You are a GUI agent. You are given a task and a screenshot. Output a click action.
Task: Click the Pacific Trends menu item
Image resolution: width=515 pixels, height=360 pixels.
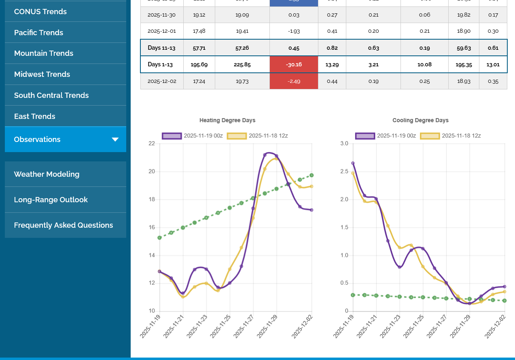click(38, 32)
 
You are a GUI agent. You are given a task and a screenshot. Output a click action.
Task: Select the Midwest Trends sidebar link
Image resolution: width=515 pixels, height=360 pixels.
click(42, 74)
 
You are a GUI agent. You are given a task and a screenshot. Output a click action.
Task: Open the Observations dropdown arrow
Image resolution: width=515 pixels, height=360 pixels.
click(115, 140)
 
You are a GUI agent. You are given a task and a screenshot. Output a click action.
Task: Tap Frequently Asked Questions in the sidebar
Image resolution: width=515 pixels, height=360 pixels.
click(64, 225)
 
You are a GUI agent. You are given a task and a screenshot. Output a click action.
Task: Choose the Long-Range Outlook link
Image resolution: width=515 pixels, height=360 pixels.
click(51, 200)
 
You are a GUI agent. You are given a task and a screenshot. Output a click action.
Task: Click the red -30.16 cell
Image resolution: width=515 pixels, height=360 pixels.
click(294, 65)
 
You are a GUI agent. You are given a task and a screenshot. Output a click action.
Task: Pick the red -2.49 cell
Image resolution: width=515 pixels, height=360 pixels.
click(294, 81)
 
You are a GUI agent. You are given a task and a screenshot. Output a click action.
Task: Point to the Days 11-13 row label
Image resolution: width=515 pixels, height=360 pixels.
click(161, 48)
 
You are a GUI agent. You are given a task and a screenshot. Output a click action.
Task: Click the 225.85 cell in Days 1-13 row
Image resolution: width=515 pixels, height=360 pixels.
click(242, 65)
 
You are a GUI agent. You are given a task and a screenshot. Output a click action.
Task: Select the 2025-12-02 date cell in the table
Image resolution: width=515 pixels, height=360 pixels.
click(162, 81)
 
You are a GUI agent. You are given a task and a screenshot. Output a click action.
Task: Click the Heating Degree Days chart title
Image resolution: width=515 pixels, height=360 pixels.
click(227, 120)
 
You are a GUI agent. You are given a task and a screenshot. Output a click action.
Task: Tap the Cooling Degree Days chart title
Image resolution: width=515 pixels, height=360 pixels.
click(420, 120)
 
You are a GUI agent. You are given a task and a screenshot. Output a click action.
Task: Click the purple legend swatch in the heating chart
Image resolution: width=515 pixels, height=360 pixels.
click(172, 136)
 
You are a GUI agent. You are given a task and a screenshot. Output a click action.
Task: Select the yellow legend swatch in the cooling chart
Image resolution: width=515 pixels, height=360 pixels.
click(430, 136)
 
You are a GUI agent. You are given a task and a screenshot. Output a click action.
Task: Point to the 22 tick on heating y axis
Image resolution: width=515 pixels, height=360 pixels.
click(152, 144)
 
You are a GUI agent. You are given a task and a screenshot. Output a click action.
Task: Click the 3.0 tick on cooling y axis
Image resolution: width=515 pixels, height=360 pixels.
click(344, 144)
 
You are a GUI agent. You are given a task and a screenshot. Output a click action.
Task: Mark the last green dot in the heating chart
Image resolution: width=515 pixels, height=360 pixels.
click(312, 175)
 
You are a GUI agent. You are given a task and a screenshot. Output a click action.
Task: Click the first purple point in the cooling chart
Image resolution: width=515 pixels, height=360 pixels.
click(353, 163)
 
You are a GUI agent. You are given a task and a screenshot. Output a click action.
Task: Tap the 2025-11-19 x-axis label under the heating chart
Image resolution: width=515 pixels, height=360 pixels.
click(150, 326)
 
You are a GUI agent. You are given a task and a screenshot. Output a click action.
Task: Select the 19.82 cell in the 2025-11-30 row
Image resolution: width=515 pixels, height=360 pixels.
click(464, 15)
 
